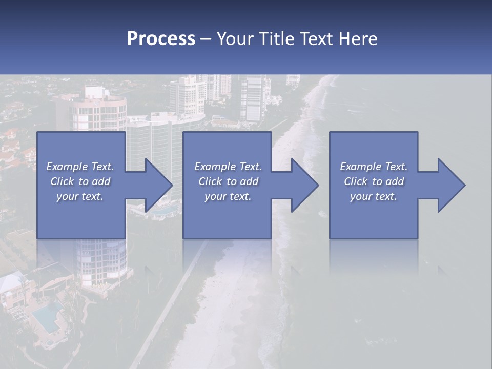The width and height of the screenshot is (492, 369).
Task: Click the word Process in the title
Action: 161,39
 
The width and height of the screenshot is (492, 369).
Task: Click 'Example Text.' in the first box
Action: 80,167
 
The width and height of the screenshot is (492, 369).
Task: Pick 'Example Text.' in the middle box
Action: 228,167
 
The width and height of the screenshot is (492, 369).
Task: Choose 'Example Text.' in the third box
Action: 374,167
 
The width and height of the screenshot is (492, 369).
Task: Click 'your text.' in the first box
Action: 80,196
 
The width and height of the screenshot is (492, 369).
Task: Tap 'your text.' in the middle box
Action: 228,196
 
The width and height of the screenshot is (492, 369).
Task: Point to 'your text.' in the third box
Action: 374,196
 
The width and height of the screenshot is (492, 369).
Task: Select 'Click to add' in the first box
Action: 80,181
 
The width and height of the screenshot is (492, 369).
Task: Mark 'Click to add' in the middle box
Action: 228,181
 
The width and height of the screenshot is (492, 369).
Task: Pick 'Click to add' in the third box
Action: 374,181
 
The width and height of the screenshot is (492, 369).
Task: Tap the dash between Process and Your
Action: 206,39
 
